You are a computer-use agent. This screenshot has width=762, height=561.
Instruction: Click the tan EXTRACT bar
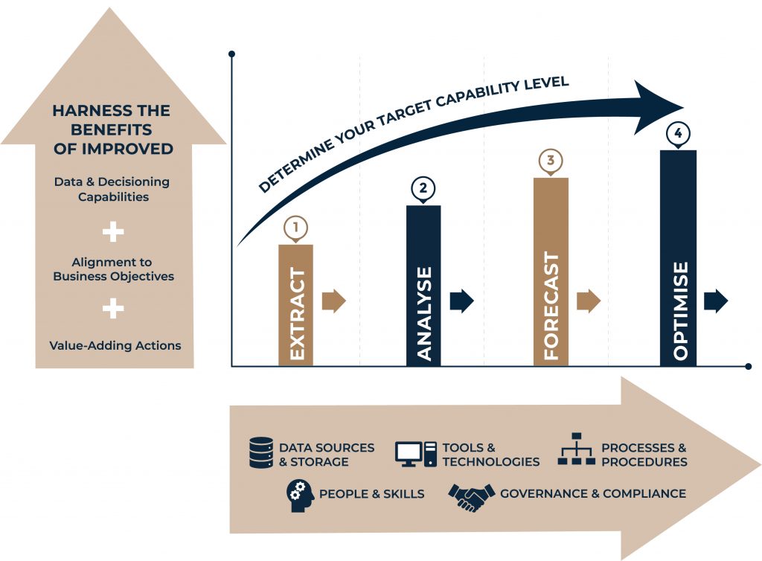tap(295, 305)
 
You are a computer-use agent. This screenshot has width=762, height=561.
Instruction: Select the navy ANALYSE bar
tap(423, 286)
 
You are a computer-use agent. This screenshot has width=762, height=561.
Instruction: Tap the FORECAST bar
tap(551, 272)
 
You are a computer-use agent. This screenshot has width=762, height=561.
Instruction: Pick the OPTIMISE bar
tap(678, 258)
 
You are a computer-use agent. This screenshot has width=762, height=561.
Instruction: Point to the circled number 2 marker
tap(423, 189)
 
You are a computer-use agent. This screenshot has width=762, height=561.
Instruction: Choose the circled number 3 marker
tap(550, 161)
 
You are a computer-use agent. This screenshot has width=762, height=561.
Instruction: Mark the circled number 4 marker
tap(678, 134)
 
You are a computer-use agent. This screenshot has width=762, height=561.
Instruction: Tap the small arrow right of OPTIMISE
tap(716, 301)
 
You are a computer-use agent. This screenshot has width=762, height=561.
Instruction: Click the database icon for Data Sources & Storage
tap(260, 453)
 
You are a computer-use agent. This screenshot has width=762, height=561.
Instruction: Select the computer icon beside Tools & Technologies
tap(415, 454)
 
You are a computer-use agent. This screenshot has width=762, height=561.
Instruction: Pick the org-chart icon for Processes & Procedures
tap(577, 449)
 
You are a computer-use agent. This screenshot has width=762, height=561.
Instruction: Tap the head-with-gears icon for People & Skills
tap(300, 496)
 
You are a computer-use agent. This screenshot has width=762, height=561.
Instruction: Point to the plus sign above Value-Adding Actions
tap(113, 308)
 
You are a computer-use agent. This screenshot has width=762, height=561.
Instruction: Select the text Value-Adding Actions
tap(115, 346)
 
